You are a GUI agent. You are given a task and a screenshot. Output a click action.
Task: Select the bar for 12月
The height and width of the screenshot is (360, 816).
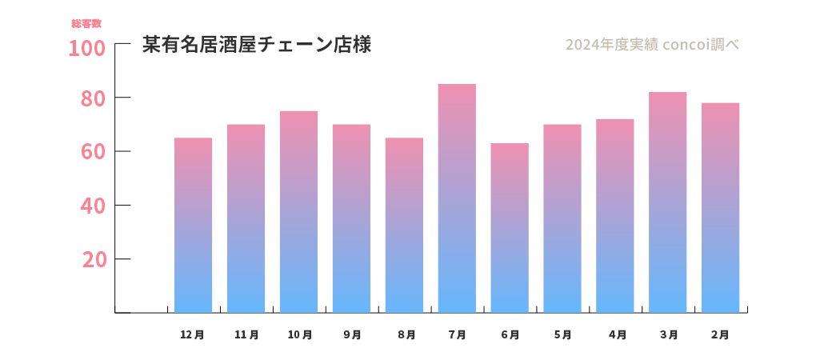point(193,225)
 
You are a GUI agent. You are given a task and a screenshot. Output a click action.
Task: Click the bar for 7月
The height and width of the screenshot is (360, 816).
point(457,198)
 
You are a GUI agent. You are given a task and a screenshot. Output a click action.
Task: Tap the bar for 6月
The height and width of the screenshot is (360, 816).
point(510,228)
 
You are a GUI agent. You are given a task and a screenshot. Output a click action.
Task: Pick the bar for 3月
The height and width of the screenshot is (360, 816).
point(667,202)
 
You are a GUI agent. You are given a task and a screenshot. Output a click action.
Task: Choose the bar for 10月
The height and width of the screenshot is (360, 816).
point(298,212)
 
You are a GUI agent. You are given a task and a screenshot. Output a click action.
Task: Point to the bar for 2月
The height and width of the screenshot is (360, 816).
point(720,208)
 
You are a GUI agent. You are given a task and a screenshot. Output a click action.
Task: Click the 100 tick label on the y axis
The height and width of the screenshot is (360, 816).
point(86,49)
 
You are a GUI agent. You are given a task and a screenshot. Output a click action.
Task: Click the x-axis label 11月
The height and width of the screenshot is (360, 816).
point(246,335)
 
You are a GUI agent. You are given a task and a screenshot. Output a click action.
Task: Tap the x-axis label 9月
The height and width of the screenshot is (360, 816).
point(352,335)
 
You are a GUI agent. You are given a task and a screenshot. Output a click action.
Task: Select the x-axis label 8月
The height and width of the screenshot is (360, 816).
point(406,335)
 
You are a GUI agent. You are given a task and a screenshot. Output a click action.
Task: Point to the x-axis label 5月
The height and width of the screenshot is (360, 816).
point(563,335)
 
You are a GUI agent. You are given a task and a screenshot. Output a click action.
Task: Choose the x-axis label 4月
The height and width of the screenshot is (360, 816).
point(616,335)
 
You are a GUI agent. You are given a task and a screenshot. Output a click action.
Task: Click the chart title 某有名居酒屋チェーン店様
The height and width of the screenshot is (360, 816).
point(256,45)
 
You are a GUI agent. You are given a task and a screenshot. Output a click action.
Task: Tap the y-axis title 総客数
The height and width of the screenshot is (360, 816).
point(86,24)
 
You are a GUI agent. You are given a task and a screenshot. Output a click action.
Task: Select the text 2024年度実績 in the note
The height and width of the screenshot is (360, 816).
point(611,45)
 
